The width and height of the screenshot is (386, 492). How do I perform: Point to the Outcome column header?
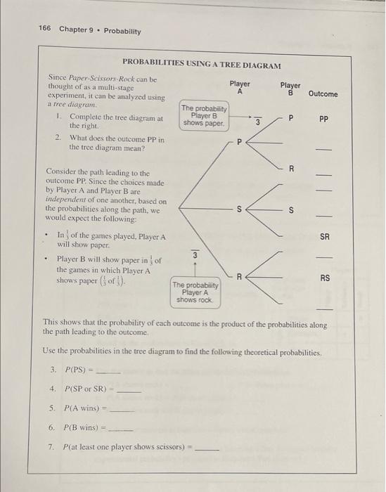pos(323,94)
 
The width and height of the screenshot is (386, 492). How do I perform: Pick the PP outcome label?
pos(323,119)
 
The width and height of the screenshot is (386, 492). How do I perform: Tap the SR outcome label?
pos(324,238)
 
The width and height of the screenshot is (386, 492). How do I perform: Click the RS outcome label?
pos(324,278)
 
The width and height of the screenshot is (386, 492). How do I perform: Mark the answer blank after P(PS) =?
pos(108,370)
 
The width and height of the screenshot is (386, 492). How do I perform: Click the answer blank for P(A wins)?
pos(122,408)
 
